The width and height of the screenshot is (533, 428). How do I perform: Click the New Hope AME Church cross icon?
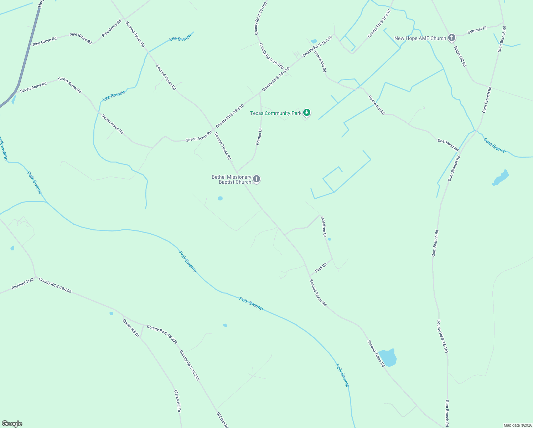click(452, 37)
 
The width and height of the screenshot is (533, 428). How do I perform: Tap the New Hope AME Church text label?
click(420, 38)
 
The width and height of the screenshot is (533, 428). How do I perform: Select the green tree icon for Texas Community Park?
click(307, 113)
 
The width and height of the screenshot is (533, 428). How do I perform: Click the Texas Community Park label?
click(276, 113)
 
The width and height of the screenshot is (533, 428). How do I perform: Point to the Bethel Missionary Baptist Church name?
click(232, 179)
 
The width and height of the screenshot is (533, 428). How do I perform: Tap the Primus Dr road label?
click(259, 137)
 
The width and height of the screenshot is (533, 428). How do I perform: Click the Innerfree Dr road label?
click(324, 226)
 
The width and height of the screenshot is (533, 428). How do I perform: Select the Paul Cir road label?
click(321, 267)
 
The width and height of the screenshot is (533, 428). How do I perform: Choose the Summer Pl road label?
click(477, 30)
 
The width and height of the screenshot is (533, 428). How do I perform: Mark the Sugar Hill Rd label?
click(460, 56)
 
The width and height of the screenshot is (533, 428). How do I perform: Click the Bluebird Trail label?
click(22, 284)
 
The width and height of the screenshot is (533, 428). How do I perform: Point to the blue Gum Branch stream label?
click(495, 146)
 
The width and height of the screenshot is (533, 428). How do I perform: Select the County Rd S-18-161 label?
click(443, 336)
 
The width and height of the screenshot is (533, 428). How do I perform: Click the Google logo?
click(12, 424)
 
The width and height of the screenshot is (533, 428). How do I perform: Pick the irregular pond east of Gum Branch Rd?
click(501, 178)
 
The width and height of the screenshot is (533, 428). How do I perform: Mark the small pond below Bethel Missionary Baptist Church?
click(220, 198)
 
